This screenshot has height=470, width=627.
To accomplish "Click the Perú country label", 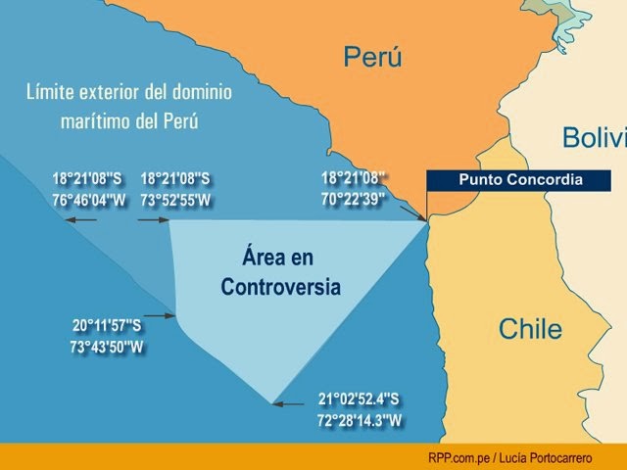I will [x=372, y=59].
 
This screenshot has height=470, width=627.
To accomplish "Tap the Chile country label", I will [x=530, y=328].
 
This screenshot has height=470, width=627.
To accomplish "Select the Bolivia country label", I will [x=594, y=138].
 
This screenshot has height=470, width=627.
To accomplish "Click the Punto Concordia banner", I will [x=520, y=180].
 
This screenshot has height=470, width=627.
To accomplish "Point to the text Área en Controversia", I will [x=280, y=272].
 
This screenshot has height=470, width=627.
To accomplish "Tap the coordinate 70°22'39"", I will [x=354, y=197].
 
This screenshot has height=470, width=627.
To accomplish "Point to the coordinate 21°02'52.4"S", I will [x=360, y=399].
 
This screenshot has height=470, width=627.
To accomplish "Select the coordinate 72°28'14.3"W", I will [x=360, y=420].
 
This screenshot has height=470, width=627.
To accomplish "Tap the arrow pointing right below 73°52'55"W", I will [x=154, y=220].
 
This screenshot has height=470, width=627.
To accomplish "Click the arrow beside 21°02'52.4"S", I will [x=290, y=402].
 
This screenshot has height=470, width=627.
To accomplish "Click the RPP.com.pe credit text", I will [x=510, y=457].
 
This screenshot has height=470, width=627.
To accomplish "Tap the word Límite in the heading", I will [x=51, y=94].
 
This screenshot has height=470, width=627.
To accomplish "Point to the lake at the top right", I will [x=565, y=29].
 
